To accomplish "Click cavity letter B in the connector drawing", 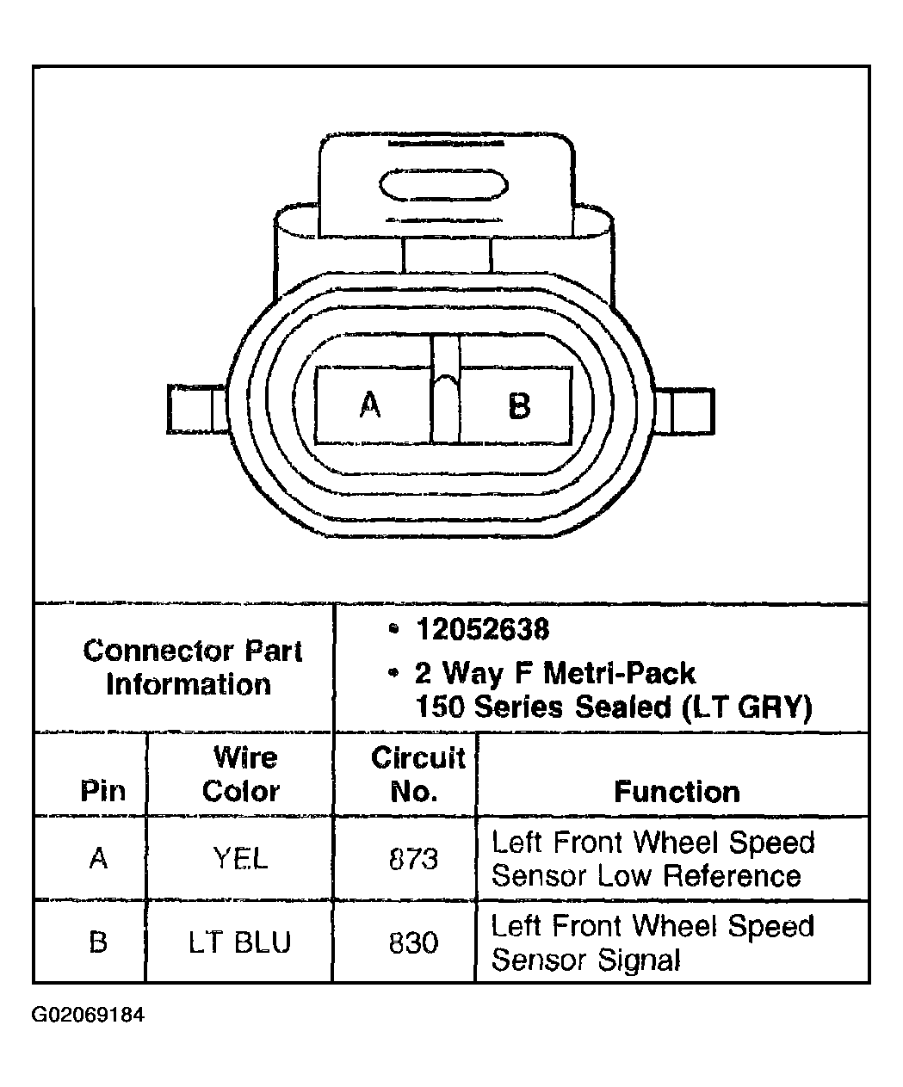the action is pos(519,406).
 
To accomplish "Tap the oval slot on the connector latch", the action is pos(443,185).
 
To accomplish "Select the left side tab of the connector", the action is pos(197,409).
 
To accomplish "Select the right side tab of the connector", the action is pos(684,411).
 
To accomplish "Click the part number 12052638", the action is pos(483,629).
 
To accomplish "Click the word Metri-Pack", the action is pos(620,673).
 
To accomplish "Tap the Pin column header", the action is pos(102,791).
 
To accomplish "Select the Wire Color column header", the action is pos(241,774).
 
